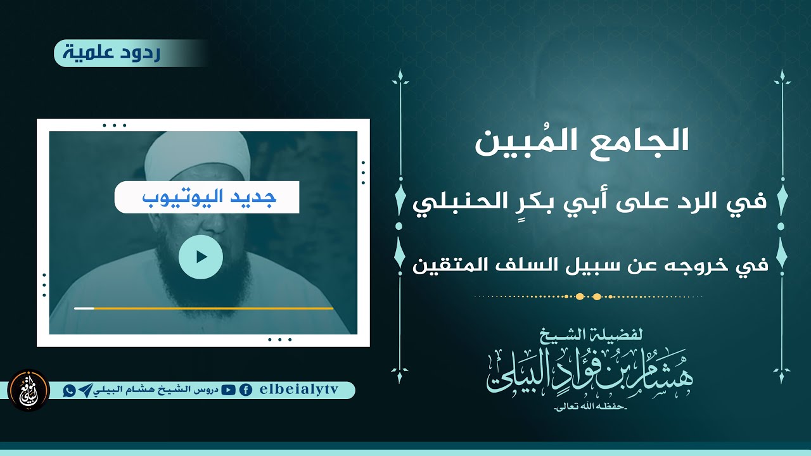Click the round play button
coord(201,256)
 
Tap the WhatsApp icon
coord(69,391)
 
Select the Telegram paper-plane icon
coord(85,391)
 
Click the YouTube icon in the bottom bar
coord(229,391)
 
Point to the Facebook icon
coord(245,391)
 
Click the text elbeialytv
coord(300,391)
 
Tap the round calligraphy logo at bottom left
coord(29,390)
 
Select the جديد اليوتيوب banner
coord(207,198)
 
